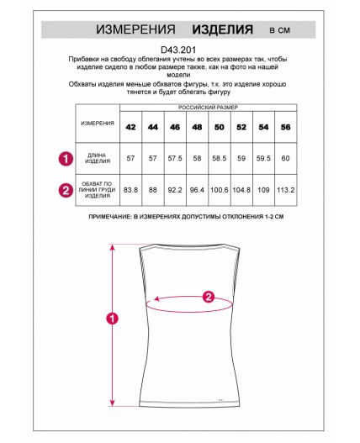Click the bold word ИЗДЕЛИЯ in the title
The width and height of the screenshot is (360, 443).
point(223,29)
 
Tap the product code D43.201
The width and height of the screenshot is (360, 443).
point(178,50)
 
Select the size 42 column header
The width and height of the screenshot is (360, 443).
point(130,127)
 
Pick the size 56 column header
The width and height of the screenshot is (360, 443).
point(286,127)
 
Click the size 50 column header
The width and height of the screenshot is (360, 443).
point(220,127)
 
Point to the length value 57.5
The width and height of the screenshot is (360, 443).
point(175,158)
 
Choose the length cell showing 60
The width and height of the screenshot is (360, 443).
point(286,158)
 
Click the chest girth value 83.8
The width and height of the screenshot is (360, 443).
point(130,190)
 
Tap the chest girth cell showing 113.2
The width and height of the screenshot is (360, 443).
point(286,190)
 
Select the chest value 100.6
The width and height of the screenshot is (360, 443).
point(220,190)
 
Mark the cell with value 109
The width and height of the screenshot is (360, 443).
point(263,190)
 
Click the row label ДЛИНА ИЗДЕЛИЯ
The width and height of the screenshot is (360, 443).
point(98,158)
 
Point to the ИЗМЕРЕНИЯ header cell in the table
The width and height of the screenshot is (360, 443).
point(98,124)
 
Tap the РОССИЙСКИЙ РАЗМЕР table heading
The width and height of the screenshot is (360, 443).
point(208,108)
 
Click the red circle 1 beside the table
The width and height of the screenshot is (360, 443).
point(66,159)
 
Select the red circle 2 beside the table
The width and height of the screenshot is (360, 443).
point(66,190)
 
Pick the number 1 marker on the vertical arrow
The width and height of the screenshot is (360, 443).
point(112,319)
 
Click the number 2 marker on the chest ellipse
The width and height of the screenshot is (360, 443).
point(209,297)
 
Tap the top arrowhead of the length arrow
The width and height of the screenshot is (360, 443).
point(113,247)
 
